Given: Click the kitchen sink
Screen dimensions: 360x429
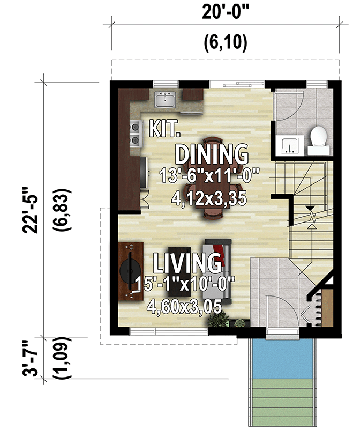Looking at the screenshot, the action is [165, 100].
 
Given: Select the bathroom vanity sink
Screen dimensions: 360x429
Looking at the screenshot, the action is [289, 145].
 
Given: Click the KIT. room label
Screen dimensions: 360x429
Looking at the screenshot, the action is [165, 128].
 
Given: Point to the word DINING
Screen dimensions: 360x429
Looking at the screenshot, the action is [212, 154].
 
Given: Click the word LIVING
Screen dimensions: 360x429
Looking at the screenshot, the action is [187, 263].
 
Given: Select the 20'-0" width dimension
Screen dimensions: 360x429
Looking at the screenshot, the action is [226, 12].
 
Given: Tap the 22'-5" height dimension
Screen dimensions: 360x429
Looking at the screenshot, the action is [30, 210].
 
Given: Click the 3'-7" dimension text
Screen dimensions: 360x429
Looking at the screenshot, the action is [30, 359].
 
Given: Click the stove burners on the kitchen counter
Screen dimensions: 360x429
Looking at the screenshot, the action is [136, 134].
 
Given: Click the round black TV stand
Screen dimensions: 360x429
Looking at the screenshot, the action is [131, 271].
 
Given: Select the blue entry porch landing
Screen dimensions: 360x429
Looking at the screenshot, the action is [282, 358].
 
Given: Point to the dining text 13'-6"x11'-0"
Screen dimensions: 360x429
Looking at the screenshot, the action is [209, 175].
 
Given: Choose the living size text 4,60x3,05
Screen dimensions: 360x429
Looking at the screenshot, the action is [184, 306].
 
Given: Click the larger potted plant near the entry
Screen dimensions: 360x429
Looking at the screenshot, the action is [218, 320].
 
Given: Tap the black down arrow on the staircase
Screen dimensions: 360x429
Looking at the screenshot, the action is [310, 208].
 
